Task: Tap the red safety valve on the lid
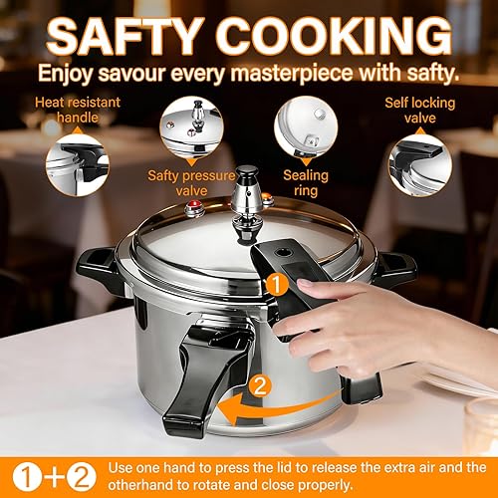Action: [192, 209]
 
